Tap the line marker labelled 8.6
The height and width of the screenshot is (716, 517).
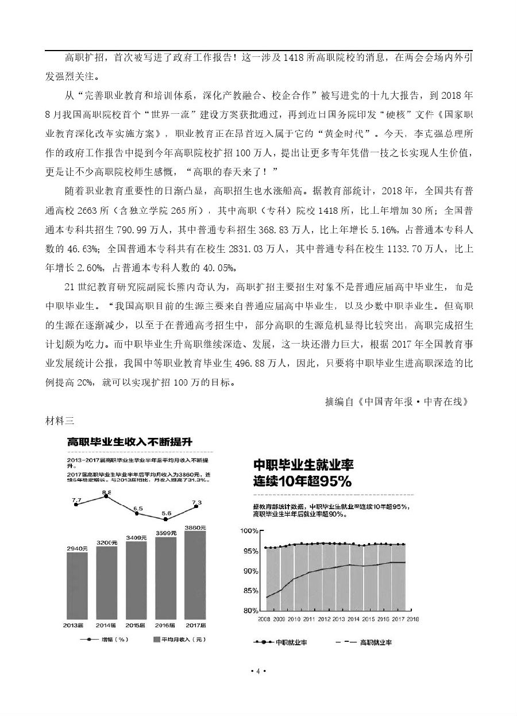pyautogui.click(x=106, y=496)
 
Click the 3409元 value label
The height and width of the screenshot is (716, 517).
pyautogui.click(x=136, y=538)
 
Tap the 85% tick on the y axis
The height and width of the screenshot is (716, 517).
pyautogui.click(x=250, y=591)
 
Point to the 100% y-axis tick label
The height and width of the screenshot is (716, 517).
pyautogui.click(x=249, y=531)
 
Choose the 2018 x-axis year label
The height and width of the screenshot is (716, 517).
pyautogui.click(x=412, y=619)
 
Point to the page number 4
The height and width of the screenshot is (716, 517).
pyautogui.click(x=258, y=671)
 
